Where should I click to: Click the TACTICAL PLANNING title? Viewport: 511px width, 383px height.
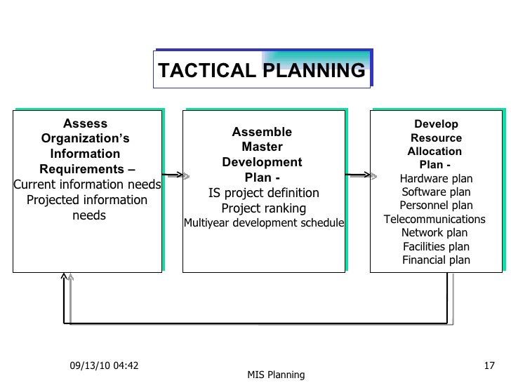[x=261, y=71]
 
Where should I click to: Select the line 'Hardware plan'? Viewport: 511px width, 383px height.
[x=436, y=178]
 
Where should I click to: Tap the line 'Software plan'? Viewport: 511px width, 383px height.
[x=436, y=191]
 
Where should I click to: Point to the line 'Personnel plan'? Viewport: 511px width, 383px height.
[x=436, y=206]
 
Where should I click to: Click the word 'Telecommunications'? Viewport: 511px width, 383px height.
[x=434, y=219]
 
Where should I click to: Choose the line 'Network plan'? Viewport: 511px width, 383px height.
[x=434, y=233]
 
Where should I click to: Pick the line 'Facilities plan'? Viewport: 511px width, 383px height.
[x=436, y=246]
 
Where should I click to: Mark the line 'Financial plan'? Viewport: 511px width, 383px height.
[x=436, y=260]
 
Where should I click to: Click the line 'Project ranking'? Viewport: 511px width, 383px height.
[x=263, y=208]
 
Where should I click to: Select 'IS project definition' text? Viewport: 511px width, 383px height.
[x=263, y=193]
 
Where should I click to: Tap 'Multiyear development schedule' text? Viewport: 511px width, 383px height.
[x=263, y=224]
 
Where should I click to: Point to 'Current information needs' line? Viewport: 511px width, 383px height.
[x=87, y=185]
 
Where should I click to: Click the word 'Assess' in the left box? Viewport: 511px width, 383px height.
[x=86, y=124]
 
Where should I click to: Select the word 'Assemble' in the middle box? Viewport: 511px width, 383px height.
[x=262, y=132]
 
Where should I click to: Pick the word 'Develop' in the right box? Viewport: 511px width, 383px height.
[x=436, y=124]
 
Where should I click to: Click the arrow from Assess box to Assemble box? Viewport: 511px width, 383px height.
[x=173, y=175]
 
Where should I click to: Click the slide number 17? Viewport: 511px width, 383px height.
[x=490, y=365]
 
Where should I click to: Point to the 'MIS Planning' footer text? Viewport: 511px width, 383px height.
[x=276, y=375]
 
